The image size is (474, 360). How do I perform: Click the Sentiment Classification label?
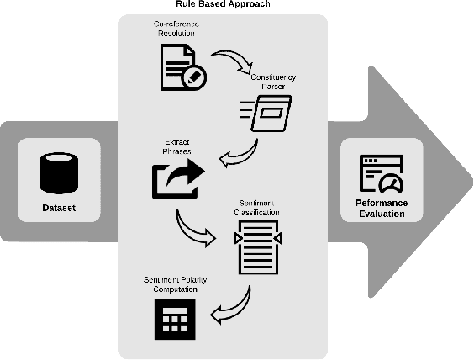pos(258,209)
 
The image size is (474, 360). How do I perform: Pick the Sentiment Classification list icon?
pos(258,247)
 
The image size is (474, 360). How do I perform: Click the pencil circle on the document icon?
pos(195,77)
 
